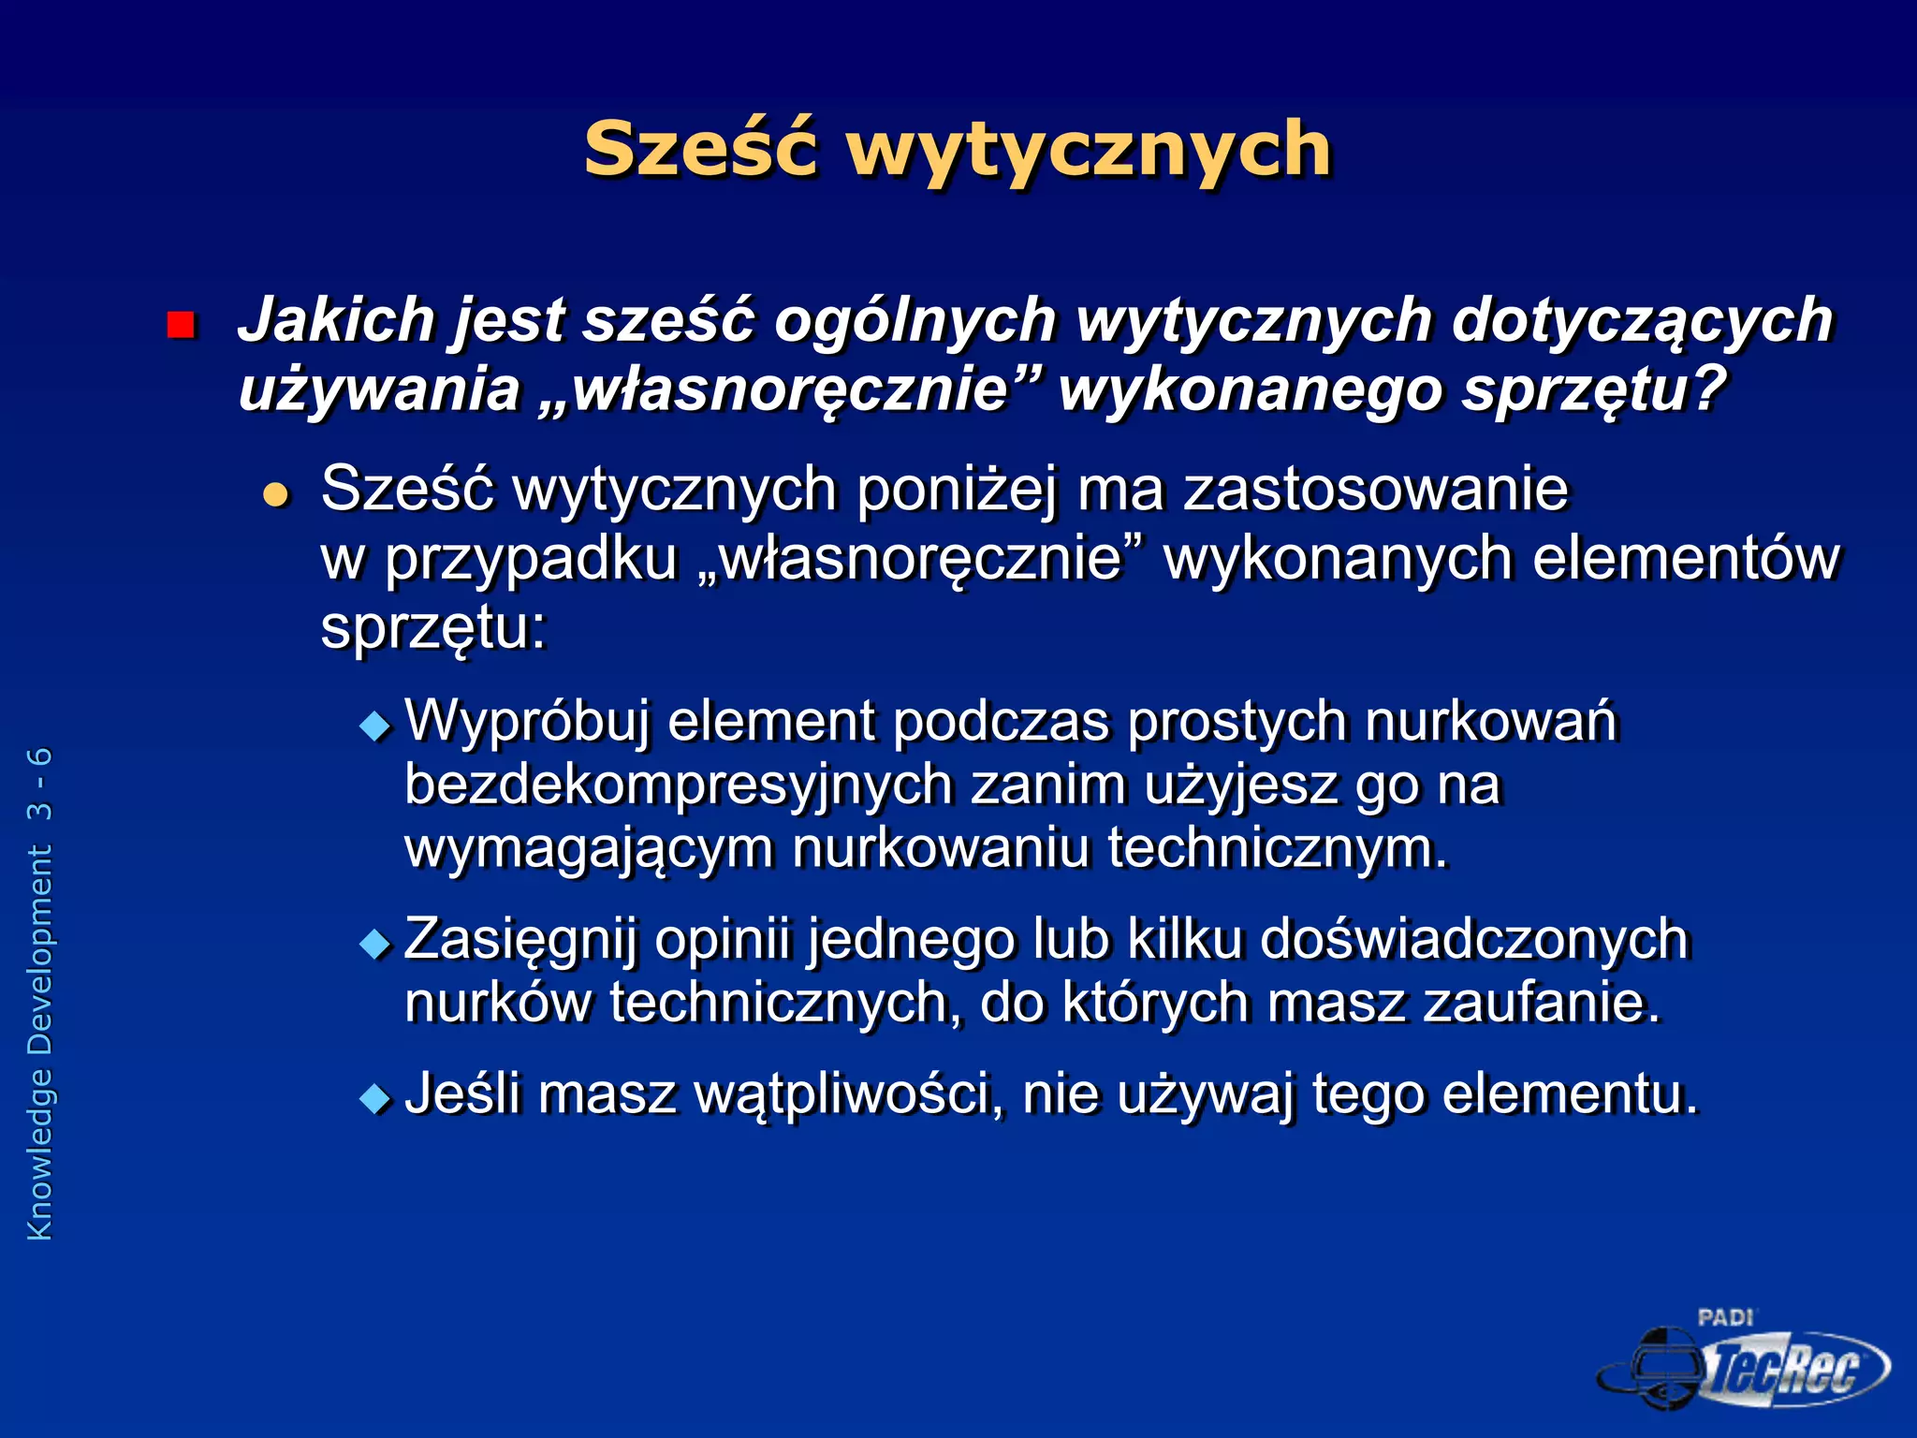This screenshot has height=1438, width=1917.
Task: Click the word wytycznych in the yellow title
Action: click(1089, 150)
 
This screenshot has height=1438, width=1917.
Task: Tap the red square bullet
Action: click(180, 325)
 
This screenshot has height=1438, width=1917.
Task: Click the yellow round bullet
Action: click(276, 494)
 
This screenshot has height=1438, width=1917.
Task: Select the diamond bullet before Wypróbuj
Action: click(376, 726)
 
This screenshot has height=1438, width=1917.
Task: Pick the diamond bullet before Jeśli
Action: click(376, 1097)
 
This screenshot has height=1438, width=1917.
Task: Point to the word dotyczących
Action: click(1642, 320)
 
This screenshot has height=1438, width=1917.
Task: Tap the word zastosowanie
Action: click(1375, 489)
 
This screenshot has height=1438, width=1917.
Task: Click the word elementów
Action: click(1686, 559)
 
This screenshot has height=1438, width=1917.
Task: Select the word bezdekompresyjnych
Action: click(678, 785)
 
